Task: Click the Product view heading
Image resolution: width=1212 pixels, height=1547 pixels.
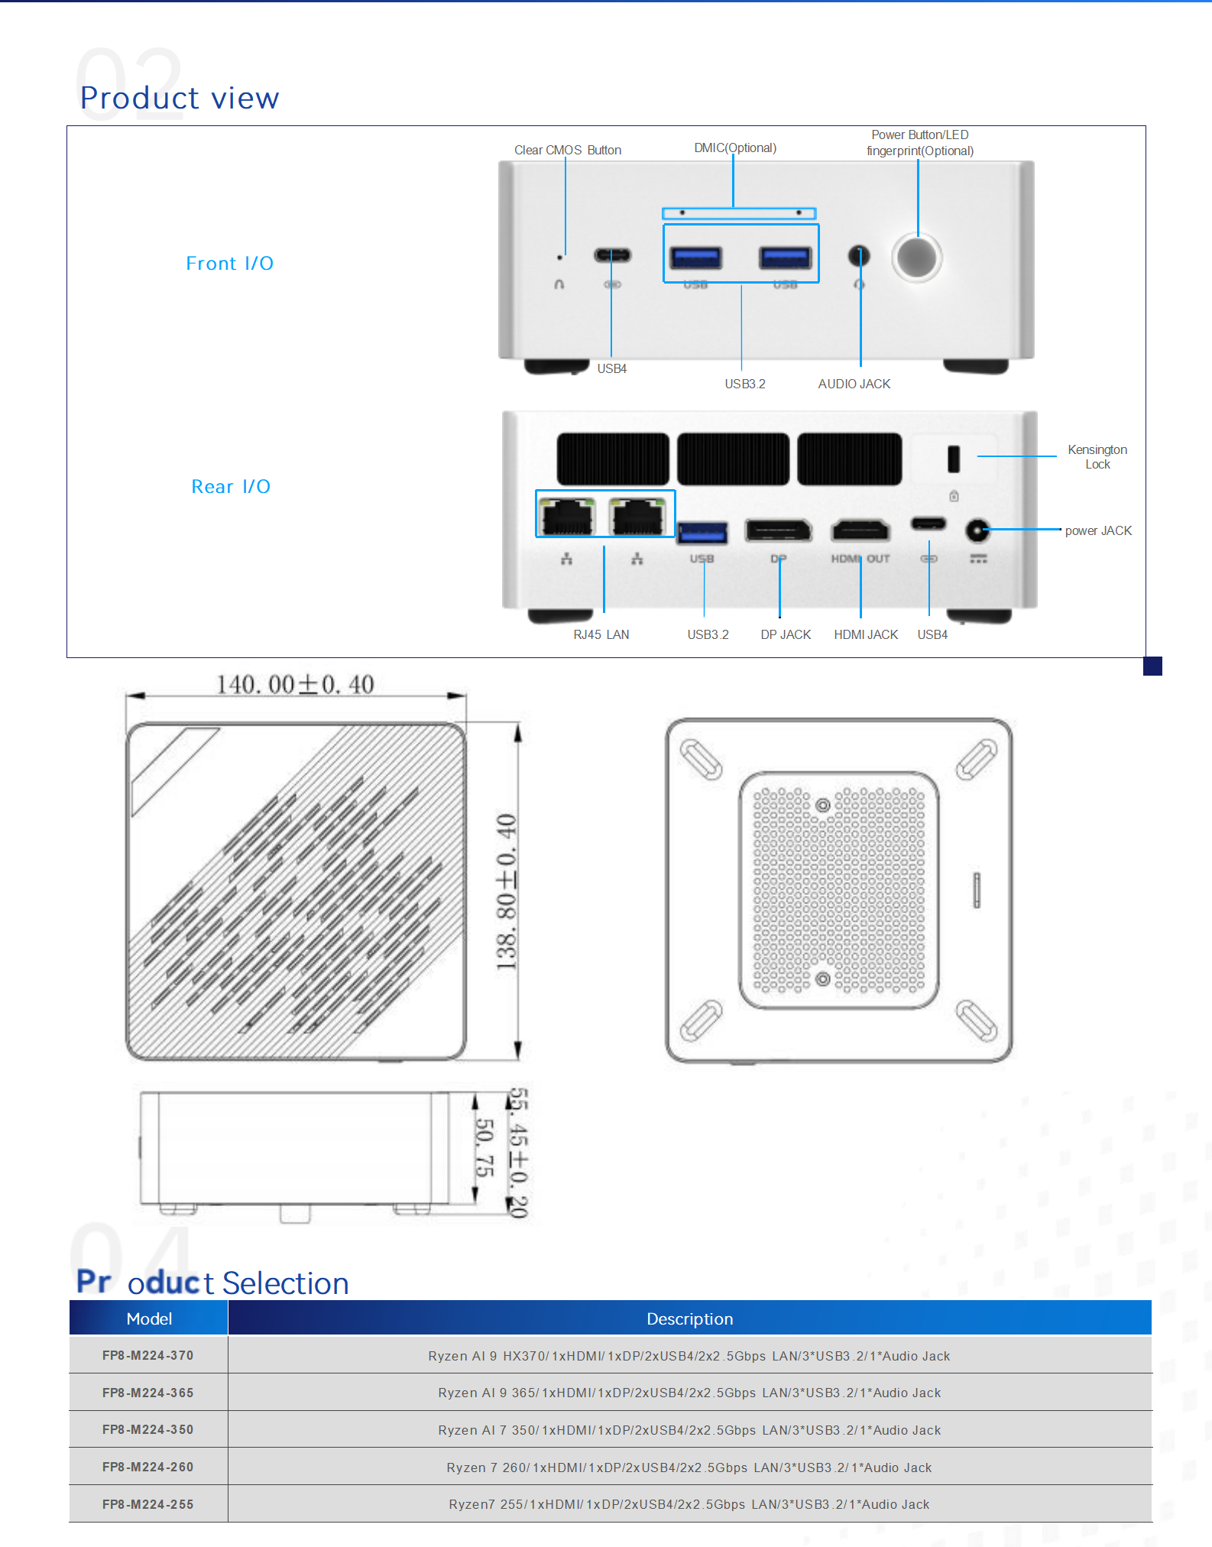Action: pyautogui.click(x=180, y=98)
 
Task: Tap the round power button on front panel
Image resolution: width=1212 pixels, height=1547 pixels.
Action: pyautogui.click(x=917, y=258)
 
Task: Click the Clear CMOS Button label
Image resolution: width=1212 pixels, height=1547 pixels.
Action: pyautogui.click(x=567, y=150)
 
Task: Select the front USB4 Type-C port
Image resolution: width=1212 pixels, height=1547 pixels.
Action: pyautogui.click(x=612, y=255)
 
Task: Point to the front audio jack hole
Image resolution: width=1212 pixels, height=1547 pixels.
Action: pyautogui.click(x=859, y=255)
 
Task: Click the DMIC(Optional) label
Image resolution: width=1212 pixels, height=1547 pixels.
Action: pyautogui.click(x=734, y=148)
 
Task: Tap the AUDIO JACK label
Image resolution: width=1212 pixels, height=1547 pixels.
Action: pyautogui.click(x=854, y=384)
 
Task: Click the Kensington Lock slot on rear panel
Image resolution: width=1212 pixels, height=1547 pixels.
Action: pyautogui.click(x=953, y=459)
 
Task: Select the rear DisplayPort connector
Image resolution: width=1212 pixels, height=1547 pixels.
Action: pyautogui.click(x=778, y=530)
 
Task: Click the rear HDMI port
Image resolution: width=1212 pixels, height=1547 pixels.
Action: pyautogui.click(x=860, y=530)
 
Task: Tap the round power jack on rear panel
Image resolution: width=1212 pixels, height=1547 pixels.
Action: pyautogui.click(x=977, y=530)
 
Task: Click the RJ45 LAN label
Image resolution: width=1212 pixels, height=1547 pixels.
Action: pyautogui.click(x=601, y=634)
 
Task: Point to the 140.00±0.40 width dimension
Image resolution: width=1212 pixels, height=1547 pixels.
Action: pyautogui.click(x=295, y=684)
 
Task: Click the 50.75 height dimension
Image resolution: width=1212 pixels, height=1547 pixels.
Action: pyautogui.click(x=484, y=1147)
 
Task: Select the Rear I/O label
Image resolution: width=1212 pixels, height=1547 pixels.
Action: pyautogui.click(x=231, y=487)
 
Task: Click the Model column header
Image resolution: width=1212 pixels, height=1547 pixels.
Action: pyautogui.click(x=149, y=1318)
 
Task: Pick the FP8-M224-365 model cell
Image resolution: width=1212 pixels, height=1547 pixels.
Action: pyautogui.click(x=148, y=1393)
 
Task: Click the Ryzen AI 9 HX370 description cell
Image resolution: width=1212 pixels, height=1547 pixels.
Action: pyautogui.click(x=689, y=1356)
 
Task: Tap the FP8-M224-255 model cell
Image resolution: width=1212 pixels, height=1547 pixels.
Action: pyautogui.click(x=148, y=1504)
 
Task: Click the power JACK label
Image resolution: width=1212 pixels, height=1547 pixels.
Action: pyautogui.click(x=1097, y=530)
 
